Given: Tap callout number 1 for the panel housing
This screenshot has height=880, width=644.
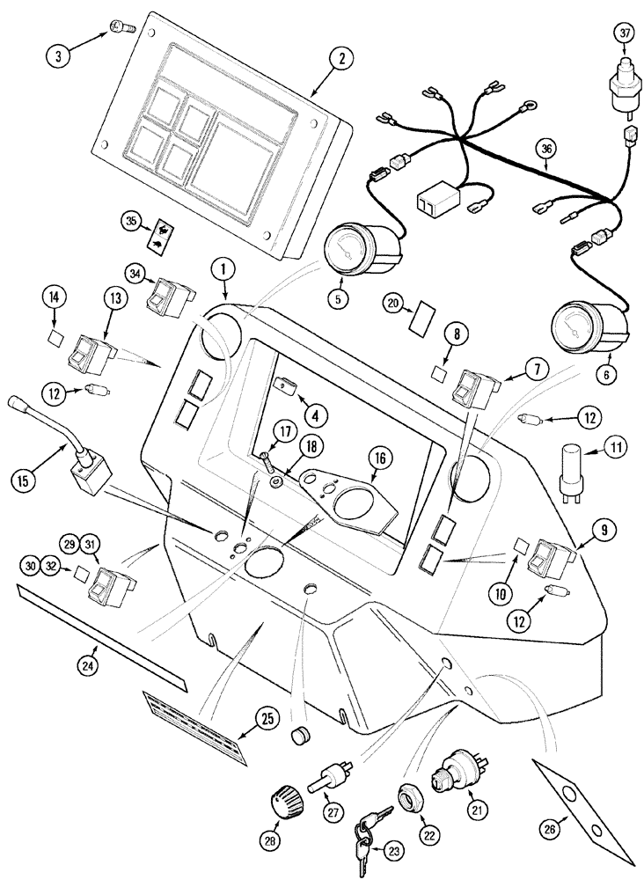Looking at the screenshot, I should [x=224, y=268].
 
